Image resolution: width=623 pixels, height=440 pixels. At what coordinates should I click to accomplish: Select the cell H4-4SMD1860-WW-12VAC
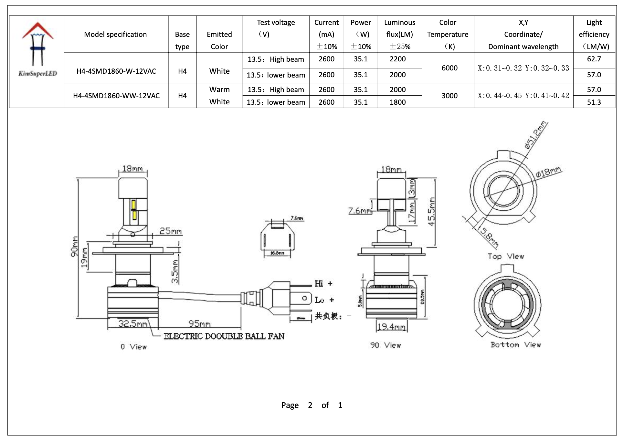(x=116, y=96)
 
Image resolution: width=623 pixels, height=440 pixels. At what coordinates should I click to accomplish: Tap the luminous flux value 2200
(x=397, y=59)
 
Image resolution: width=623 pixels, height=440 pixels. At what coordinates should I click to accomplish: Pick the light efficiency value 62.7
(x=594, y=59)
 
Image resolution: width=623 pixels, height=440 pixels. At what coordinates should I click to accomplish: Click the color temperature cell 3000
(x=449, y=96)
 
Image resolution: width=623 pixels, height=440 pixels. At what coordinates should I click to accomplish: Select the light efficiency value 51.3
(x=594, y=102)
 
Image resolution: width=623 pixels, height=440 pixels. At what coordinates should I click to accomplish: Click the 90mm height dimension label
(x=75, y=247)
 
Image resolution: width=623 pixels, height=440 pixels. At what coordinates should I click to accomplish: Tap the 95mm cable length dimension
(x=199, y=323)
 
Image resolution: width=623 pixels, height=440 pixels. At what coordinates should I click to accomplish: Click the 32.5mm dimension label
(x=132, y=323)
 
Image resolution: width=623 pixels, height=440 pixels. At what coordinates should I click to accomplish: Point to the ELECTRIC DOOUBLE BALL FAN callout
(x=224, y=336)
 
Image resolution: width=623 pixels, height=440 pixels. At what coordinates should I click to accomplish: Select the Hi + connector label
(x=323, y=284)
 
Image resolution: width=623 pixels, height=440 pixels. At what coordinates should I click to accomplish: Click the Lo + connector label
(x=324, y=300)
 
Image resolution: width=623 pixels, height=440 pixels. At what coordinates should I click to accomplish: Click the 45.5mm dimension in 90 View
(x=431, y=212)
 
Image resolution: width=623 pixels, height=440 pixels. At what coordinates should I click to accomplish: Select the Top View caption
(x=506, y=257)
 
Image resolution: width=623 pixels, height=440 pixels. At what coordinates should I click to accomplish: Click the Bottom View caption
(x=515, y=345)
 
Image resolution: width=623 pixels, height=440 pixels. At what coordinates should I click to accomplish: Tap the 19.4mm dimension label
(x=391, y=327)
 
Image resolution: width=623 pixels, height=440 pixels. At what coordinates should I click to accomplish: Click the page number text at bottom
(x=311, y=405)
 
